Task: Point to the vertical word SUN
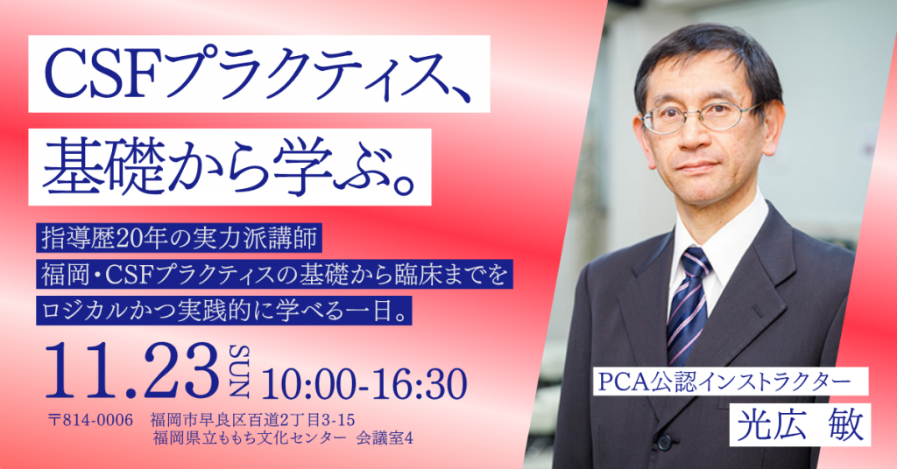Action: click(x=238, y=371)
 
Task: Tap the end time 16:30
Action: click(x=415, y=384)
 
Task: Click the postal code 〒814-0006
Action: click(x=91, y=420)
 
